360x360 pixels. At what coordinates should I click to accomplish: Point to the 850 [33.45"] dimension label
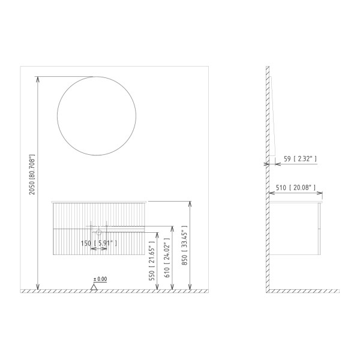(184, 249)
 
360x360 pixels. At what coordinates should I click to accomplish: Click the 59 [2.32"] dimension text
(299, 159)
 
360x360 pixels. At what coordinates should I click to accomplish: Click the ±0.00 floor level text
(100, 279)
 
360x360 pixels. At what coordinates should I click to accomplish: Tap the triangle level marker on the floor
(94, 287)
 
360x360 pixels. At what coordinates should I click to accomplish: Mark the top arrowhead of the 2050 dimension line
(39, 79)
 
